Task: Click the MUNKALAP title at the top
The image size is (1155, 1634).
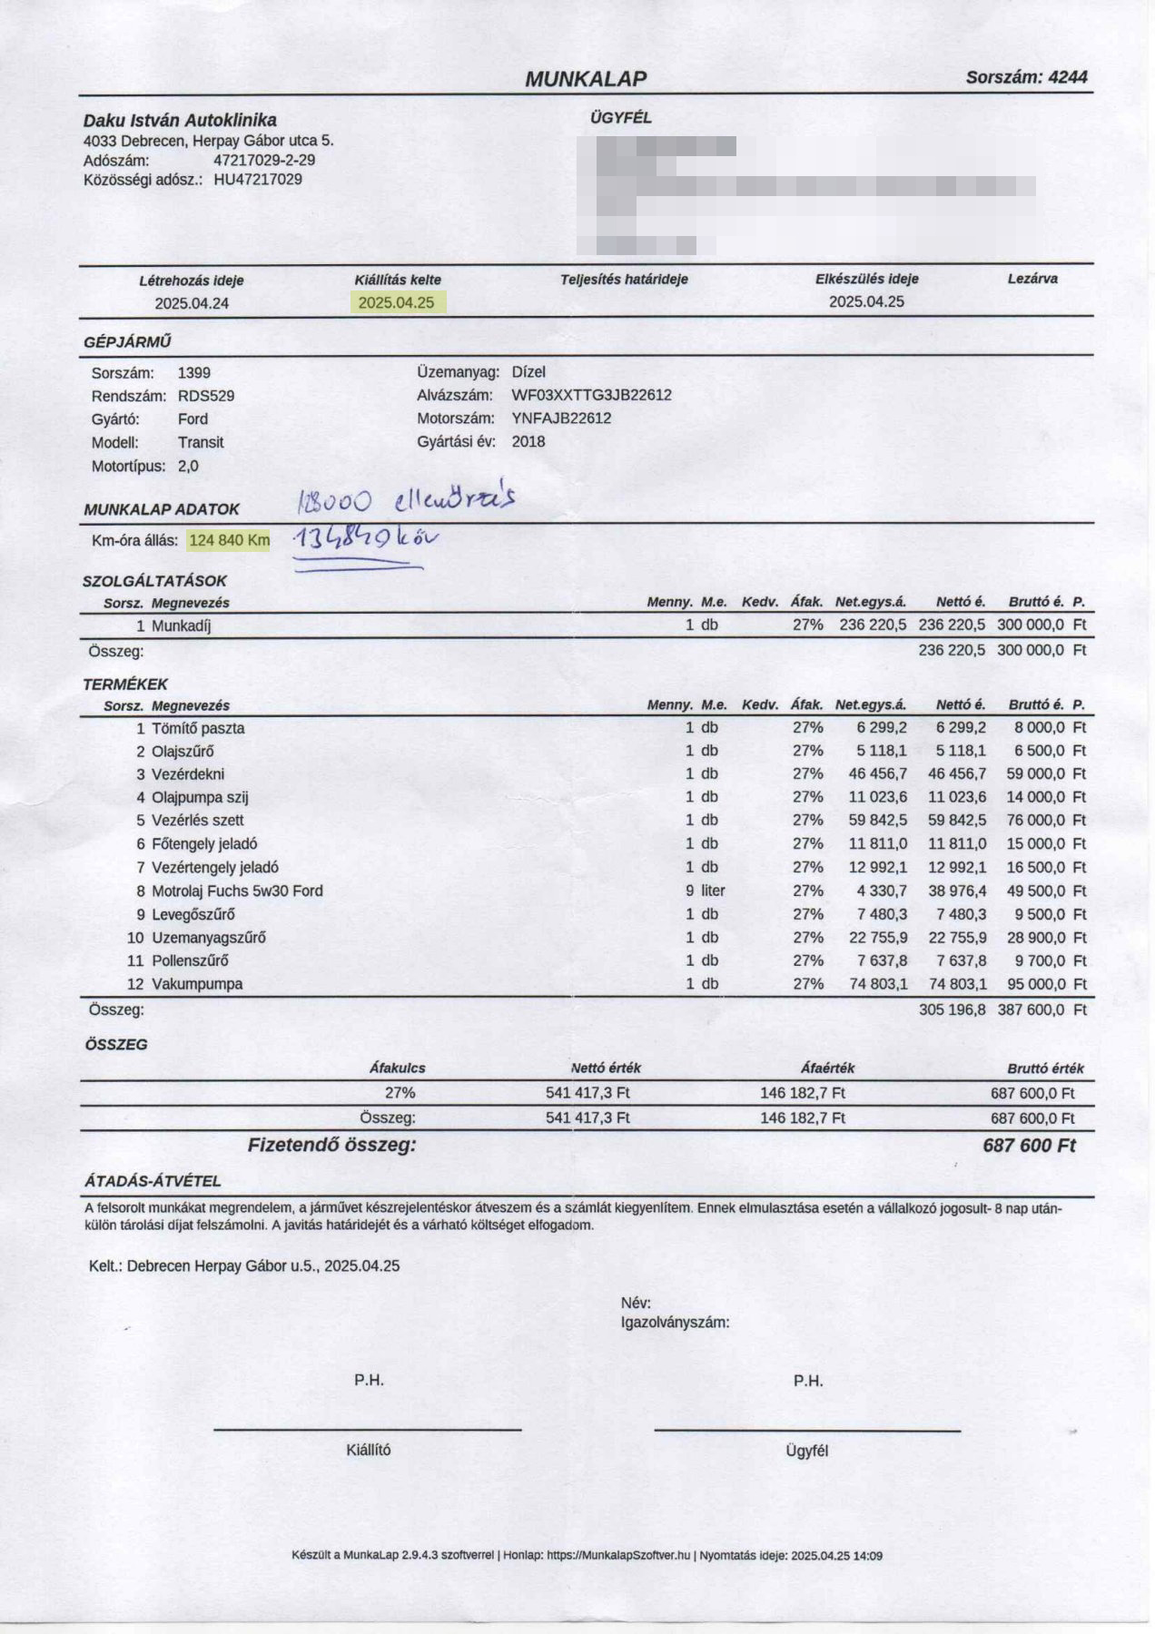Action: pos(586,79)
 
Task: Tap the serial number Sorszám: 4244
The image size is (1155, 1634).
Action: pos(1026,77)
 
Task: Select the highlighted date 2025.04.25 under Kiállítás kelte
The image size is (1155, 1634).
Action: pos(396,303)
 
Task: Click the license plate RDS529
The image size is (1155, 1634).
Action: pos(206,396)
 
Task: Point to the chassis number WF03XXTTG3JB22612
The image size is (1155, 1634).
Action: pos(591,395)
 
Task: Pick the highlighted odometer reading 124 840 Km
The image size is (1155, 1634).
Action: pos(229,540)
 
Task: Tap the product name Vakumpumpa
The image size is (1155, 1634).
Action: pos(197,984)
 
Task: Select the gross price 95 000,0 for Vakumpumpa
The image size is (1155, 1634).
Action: pos(1035,984)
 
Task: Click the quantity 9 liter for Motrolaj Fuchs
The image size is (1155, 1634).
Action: pos(706,891)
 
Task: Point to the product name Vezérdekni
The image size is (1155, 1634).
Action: pos(188,774)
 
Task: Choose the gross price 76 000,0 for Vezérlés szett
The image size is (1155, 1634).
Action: pos(1035,820)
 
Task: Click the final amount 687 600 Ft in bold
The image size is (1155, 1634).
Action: pos(1028,1146)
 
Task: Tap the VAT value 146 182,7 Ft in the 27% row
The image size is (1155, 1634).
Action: pos(802,1093)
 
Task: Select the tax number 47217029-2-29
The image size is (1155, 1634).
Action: pos(264,161)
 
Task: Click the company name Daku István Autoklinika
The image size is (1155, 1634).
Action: pos(180,120)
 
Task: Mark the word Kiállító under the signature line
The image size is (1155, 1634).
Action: pos(369,1450)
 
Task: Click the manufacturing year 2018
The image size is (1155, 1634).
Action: pos(528,442)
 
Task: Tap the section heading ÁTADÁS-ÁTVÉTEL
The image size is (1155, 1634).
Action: pos(153,1181)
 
